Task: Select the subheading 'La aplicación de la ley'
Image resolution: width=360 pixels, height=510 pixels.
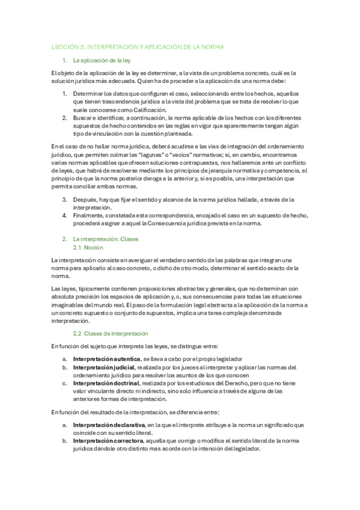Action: (x=102, y=61)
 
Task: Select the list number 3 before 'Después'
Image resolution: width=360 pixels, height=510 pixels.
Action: (x=64, y=200)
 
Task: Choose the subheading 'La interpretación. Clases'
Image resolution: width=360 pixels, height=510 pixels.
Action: (x=105, y=239)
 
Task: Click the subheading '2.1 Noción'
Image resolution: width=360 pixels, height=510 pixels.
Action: (x=88, y=247)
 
